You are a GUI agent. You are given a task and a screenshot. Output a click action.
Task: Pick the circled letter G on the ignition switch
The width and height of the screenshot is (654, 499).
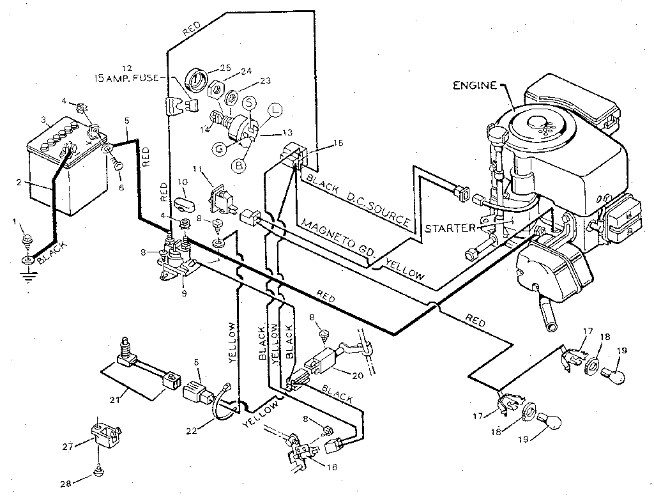point(219,148)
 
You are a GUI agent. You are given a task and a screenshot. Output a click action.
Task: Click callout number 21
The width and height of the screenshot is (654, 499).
point(114,399)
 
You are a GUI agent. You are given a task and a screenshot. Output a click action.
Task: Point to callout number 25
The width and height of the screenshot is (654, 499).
point(225,68)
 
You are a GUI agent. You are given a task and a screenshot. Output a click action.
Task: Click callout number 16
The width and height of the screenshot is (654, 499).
point(331,468)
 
